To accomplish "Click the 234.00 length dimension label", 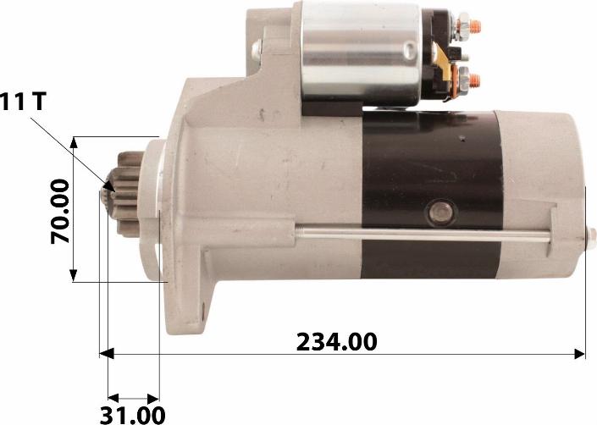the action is [x=336, y=342].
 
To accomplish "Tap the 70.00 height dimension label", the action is [x=60, y=211].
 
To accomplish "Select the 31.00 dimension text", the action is [x=132, y=415].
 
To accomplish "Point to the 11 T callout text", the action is [x=23, y=102].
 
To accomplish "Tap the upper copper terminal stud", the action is [x=475, y=26].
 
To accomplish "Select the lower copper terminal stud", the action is [x=474, y=80].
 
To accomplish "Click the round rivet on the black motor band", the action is [x=440, y=212].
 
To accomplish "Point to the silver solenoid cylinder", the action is [x=360, y=54].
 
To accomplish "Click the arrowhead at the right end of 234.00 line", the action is [x=580, y=354].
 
